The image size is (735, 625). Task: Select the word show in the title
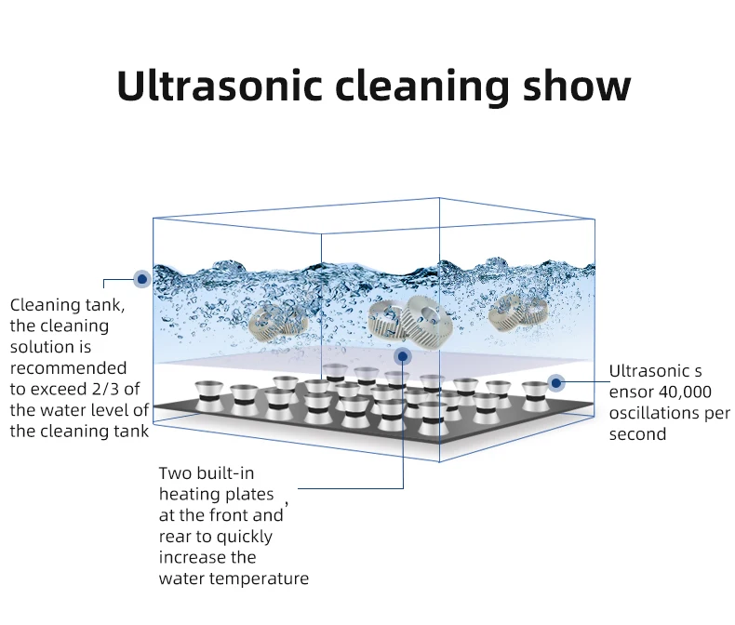click(578, 86)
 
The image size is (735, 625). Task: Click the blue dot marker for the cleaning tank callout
click(141, 277)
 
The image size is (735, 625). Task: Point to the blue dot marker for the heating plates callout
click(403, 355)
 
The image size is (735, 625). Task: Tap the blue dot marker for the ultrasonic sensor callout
click(555, 382)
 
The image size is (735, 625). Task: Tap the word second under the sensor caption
click(637, 434)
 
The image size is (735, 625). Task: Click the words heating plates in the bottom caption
click(216, 494)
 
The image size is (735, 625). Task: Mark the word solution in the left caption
click(42, 346)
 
